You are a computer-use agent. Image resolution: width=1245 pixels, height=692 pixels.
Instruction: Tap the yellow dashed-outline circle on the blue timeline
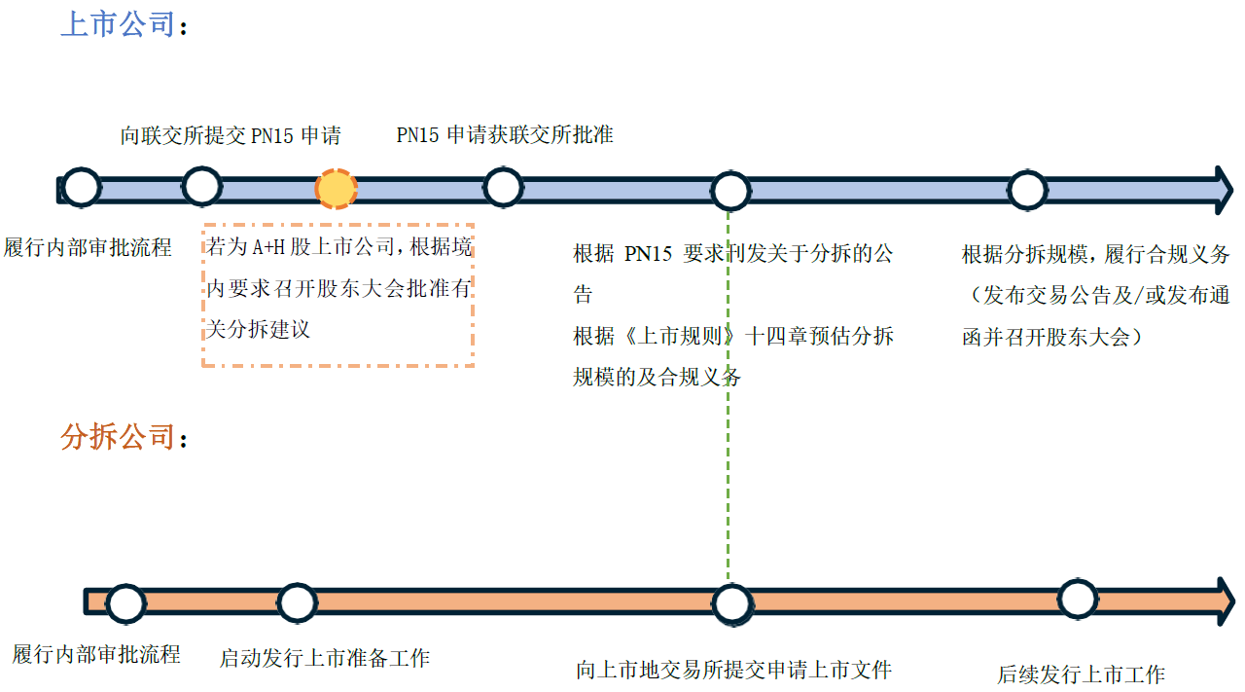coord(337,189)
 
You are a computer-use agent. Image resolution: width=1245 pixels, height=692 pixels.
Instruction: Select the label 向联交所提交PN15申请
coord(231,135)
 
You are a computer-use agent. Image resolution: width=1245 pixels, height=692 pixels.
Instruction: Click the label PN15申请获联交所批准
coord(505,134)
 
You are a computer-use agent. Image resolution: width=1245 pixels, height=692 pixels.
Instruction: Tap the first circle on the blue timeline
coord(82,187)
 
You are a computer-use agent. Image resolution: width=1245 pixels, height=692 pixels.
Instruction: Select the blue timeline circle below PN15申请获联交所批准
coord(503,187)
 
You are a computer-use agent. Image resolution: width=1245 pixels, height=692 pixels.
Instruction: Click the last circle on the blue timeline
coord(1027,190)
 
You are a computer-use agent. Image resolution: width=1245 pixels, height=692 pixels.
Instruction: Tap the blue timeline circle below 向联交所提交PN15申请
coord(201,186)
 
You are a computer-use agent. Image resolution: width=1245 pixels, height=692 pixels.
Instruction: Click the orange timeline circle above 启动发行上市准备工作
coord(297,602)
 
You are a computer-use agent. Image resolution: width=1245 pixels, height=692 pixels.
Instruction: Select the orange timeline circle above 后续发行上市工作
coord(1077,599)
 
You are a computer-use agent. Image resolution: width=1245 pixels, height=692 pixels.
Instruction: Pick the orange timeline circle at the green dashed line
coord(730,603)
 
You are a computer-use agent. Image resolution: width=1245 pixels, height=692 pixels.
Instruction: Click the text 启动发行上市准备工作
coord(324,658)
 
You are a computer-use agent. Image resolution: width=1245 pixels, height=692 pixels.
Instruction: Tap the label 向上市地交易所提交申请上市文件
coord(733,670)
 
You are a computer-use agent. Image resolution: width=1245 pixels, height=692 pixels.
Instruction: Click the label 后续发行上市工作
coord(1081,674)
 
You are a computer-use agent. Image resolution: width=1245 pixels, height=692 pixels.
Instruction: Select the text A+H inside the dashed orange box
coord(265,248)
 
